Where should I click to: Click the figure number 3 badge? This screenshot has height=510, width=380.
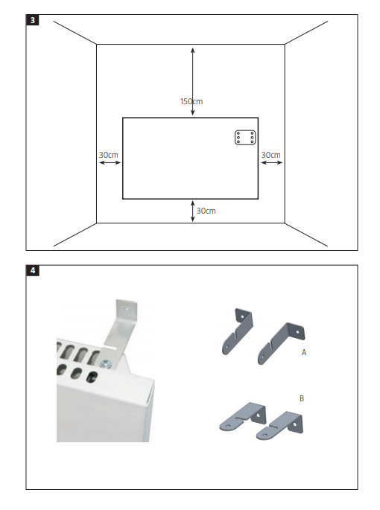pos(32,20)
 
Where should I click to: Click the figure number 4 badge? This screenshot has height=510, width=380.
pos(33,270)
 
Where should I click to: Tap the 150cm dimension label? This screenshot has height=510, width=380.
pos(191,101)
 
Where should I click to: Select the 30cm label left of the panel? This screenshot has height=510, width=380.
pos(109,155)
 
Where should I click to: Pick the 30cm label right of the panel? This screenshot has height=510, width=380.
pos(271,155)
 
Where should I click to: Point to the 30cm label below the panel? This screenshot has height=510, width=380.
pos(206,211)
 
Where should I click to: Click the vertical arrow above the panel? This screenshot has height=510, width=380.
pos(193,81)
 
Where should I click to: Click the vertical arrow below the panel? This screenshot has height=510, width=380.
pos(193,211)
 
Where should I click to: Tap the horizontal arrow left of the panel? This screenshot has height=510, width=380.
pos(110,162)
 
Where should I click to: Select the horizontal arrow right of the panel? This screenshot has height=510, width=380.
pos(271,162)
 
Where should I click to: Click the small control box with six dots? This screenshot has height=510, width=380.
pos(245,138)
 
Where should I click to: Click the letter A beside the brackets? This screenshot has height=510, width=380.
pos(304,352)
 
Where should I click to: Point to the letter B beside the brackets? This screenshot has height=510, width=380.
pos(302,398)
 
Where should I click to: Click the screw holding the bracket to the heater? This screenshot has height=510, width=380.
pos(106,363)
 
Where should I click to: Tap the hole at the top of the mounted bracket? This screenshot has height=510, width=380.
pos(126,307)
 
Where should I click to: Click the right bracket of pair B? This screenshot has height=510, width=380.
pos(280,425)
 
